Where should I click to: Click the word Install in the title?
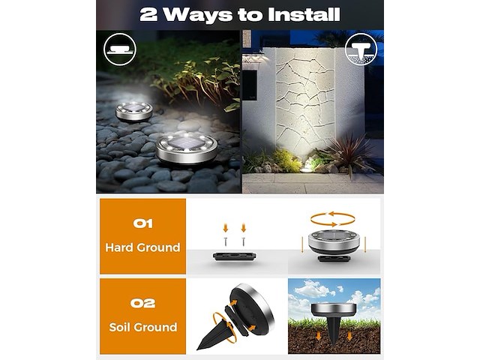(304, 15)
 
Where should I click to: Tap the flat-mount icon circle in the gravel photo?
(120, 49)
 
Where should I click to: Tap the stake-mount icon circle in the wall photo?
(361, 49)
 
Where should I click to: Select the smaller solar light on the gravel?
(133, 111)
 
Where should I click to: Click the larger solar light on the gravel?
(187, 148)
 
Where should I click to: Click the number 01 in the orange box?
(143, 223)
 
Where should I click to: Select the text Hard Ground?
(142, 247)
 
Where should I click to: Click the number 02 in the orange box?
(143, 303)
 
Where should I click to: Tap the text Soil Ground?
(143, 327)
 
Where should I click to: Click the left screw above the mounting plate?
(226, 241)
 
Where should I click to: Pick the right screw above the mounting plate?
(243, 241)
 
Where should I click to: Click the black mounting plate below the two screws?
(235, 256)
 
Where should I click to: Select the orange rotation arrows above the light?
(332, 219)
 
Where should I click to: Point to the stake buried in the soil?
(334, 331)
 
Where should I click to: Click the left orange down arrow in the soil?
(319, 336)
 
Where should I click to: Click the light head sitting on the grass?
(334, 310)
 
